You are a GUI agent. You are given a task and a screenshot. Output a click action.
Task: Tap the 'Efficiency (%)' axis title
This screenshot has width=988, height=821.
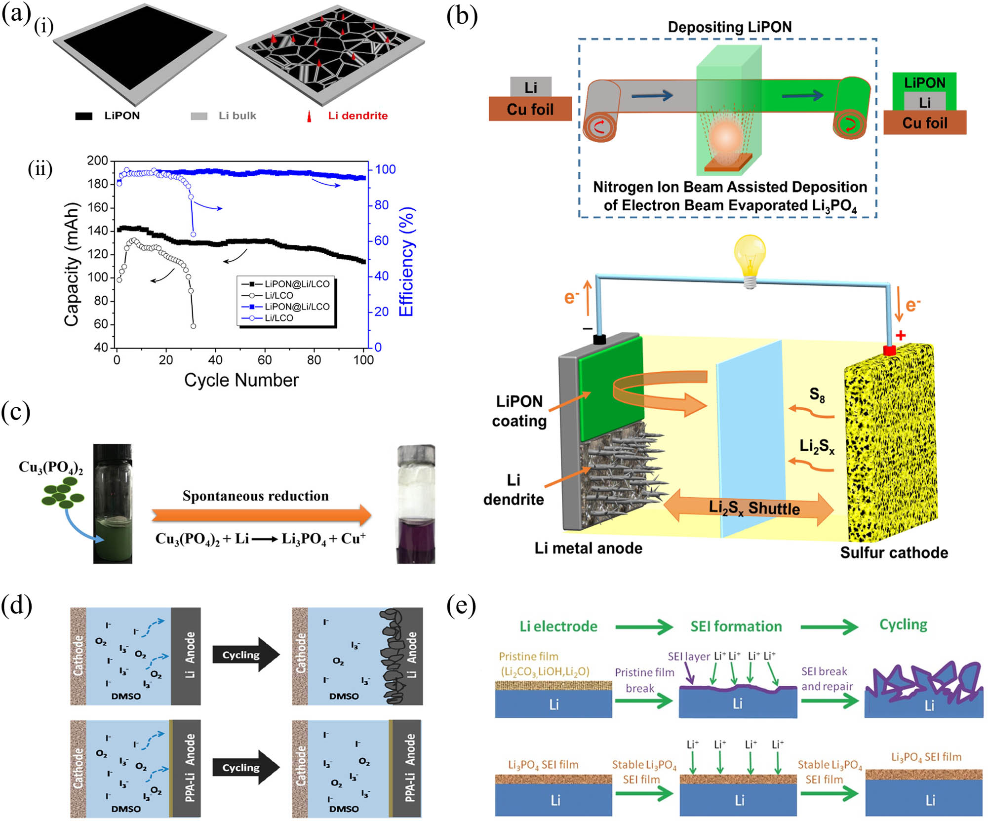tap(406, 262)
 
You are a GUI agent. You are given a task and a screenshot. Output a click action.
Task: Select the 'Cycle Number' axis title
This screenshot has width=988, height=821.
tap(241, 380)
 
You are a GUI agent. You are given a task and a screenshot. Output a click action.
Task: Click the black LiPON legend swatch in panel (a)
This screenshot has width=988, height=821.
tap(83, 117)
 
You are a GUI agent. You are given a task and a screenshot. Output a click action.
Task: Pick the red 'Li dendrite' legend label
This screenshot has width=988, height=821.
tap(357, 116)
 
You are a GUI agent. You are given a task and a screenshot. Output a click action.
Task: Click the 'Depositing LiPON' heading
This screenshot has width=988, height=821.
tap(729, 27)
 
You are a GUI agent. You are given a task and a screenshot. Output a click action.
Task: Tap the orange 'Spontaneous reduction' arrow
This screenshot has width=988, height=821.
tap(261, 515)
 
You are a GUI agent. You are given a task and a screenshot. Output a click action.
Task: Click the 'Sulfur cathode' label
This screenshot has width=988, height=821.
tap(894, 552)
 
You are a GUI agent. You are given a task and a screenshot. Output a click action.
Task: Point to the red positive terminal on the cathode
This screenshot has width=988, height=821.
tap(889, 351)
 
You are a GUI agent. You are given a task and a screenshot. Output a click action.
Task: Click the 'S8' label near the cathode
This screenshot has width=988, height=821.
tap(817, 394)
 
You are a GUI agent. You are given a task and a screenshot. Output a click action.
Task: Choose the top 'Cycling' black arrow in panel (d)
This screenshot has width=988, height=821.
tap(245, 655)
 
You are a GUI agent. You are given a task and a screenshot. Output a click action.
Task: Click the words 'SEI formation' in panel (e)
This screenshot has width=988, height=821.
tap(736, 626)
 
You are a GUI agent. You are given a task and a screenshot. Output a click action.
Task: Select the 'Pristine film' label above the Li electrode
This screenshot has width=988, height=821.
tap(528, 656)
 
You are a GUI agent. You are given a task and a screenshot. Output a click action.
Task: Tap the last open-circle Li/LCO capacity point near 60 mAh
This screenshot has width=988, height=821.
tap(193, 326)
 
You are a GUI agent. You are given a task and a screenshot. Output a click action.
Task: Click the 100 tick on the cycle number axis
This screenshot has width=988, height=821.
tap(363, 360)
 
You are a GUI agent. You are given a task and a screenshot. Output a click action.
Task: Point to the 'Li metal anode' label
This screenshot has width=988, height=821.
tap(588, 548)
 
